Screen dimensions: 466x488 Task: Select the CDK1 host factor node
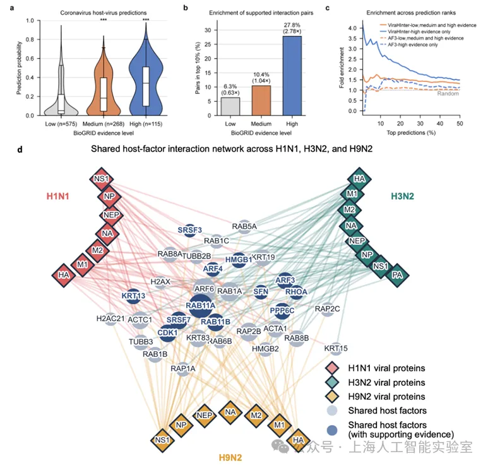[167, 333]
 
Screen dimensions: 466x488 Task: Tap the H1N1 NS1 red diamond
[101, 178]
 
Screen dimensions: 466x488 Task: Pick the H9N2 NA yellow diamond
[229, 412]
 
